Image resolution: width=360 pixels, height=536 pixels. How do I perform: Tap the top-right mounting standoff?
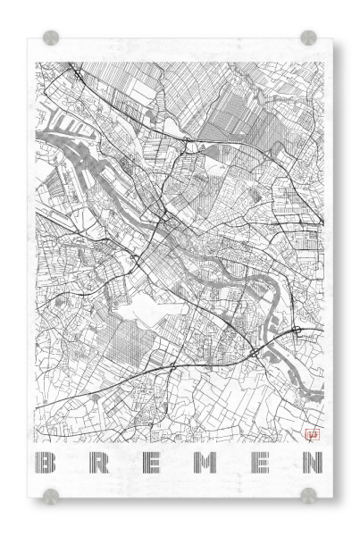click(x=308, y=38)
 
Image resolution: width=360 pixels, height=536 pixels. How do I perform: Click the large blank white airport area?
click(x=152, y=308)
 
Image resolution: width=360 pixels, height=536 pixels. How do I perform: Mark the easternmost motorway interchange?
click(x=296, y=332)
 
